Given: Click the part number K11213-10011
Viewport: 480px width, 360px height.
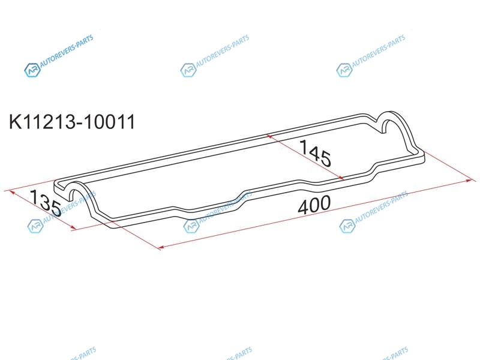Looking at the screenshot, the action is [x=72, y=122].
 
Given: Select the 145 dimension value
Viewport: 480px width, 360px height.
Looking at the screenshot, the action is [x=316, y=153].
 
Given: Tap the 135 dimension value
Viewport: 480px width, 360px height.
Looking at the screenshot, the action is [x=46, y=203].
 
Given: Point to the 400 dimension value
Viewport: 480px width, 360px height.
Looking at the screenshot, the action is [x=314, y=204].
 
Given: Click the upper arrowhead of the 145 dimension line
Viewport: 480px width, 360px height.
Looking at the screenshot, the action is [x=269, y=136].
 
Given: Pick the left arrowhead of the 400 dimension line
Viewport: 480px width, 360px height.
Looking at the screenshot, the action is [x=161, y=247].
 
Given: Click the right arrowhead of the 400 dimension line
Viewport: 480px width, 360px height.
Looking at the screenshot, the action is [x=469, y=181].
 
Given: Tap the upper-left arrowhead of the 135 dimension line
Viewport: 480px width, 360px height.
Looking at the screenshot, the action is [x=12, y=192].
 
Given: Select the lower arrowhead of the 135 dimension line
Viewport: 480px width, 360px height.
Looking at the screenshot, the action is [x=73, y=227].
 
